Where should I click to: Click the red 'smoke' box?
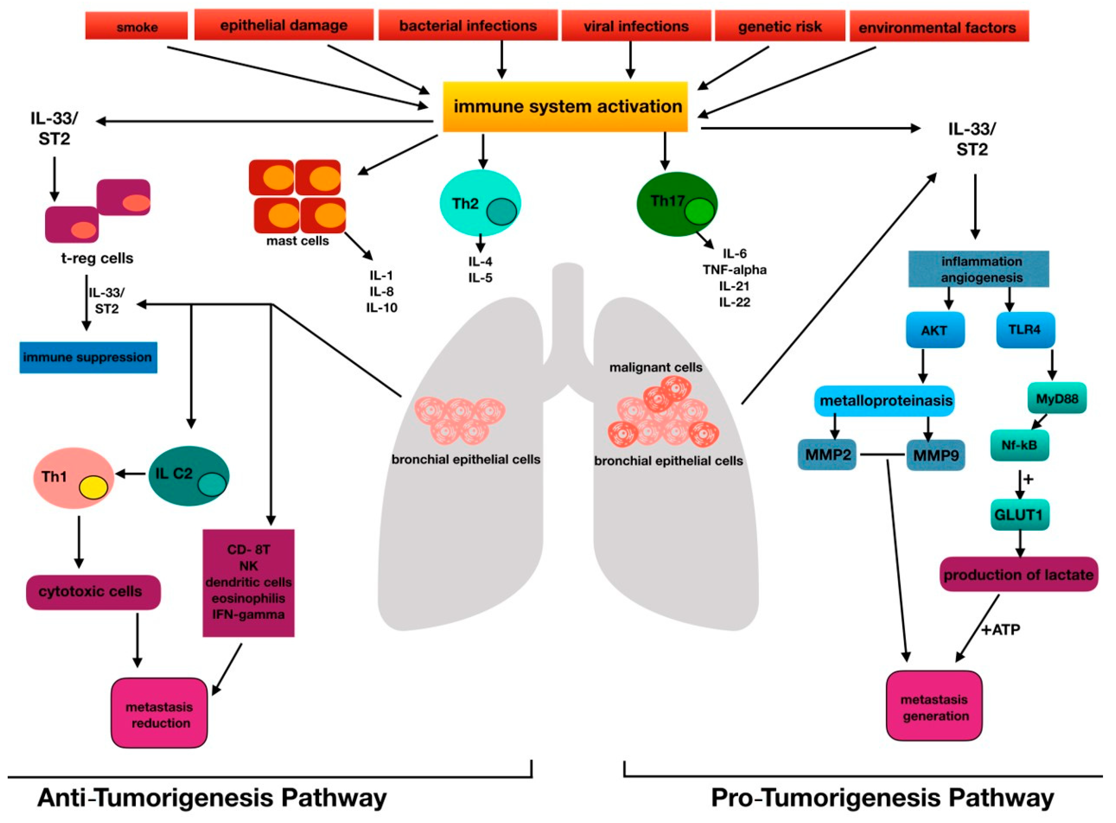[136, 25]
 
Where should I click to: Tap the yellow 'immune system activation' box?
[565, 106]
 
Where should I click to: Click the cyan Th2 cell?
[480, 203]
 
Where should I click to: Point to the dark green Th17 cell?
[677, 204]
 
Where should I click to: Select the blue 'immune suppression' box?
[88, 357]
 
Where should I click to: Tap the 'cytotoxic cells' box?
[93, 592]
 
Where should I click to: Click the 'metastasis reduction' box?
[159, 713]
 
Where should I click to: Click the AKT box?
[935, 330]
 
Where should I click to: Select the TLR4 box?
[1025, 330]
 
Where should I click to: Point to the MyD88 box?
[1057, 398]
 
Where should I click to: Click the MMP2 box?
[827, 454]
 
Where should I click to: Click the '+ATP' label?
[1001, 630]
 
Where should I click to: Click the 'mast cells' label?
[297, 241]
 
